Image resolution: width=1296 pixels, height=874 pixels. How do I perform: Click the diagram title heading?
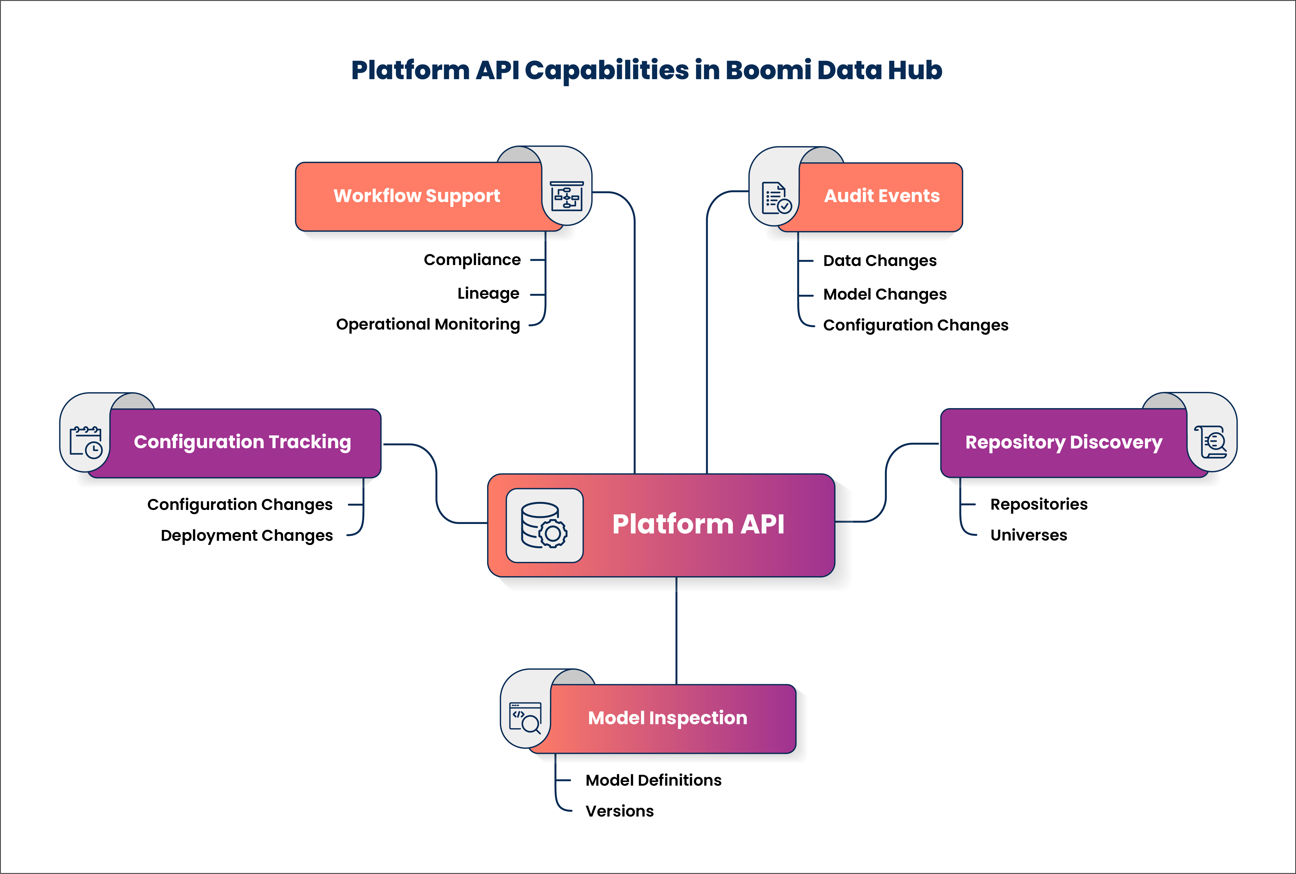(646, 70)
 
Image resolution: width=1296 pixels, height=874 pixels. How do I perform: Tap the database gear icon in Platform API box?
(544, 526)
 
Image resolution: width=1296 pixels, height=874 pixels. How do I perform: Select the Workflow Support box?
(417, 196)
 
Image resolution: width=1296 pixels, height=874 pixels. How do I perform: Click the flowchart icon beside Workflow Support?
(567, 196)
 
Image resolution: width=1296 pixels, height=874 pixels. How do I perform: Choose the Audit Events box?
(881, 196)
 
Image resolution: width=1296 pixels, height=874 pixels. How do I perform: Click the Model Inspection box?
(667, 718)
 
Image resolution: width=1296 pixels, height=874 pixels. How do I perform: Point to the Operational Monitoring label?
(428, 324)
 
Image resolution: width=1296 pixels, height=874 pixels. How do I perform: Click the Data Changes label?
(880, 261)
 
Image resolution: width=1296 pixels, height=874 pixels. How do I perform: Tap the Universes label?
(1029, 535)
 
